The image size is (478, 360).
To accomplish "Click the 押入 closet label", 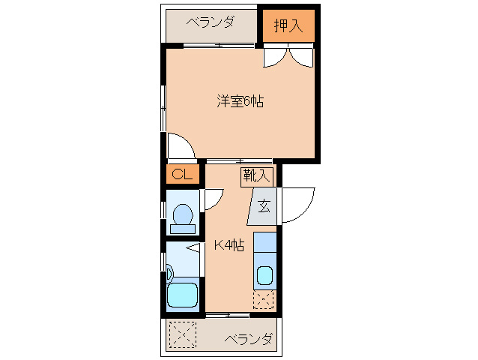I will click(288, 25).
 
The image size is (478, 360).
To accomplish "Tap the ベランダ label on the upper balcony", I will click(210, 22).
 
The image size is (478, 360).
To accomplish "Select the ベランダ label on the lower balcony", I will click(247, 339).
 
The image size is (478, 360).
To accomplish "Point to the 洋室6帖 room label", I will click(240, 102).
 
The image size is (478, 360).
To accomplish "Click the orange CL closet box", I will click(183, 175).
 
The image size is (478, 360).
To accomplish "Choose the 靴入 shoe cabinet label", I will click(257, 176).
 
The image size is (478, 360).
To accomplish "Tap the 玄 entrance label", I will click(264, 205).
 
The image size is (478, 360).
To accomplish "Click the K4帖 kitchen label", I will click(229, 244).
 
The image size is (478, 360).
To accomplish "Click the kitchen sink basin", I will click(265, 275).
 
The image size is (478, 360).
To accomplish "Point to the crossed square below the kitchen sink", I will click(264, 301).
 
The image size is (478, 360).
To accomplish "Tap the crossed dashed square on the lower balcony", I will click(181, 333).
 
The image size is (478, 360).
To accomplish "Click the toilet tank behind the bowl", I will click(182, 229).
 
